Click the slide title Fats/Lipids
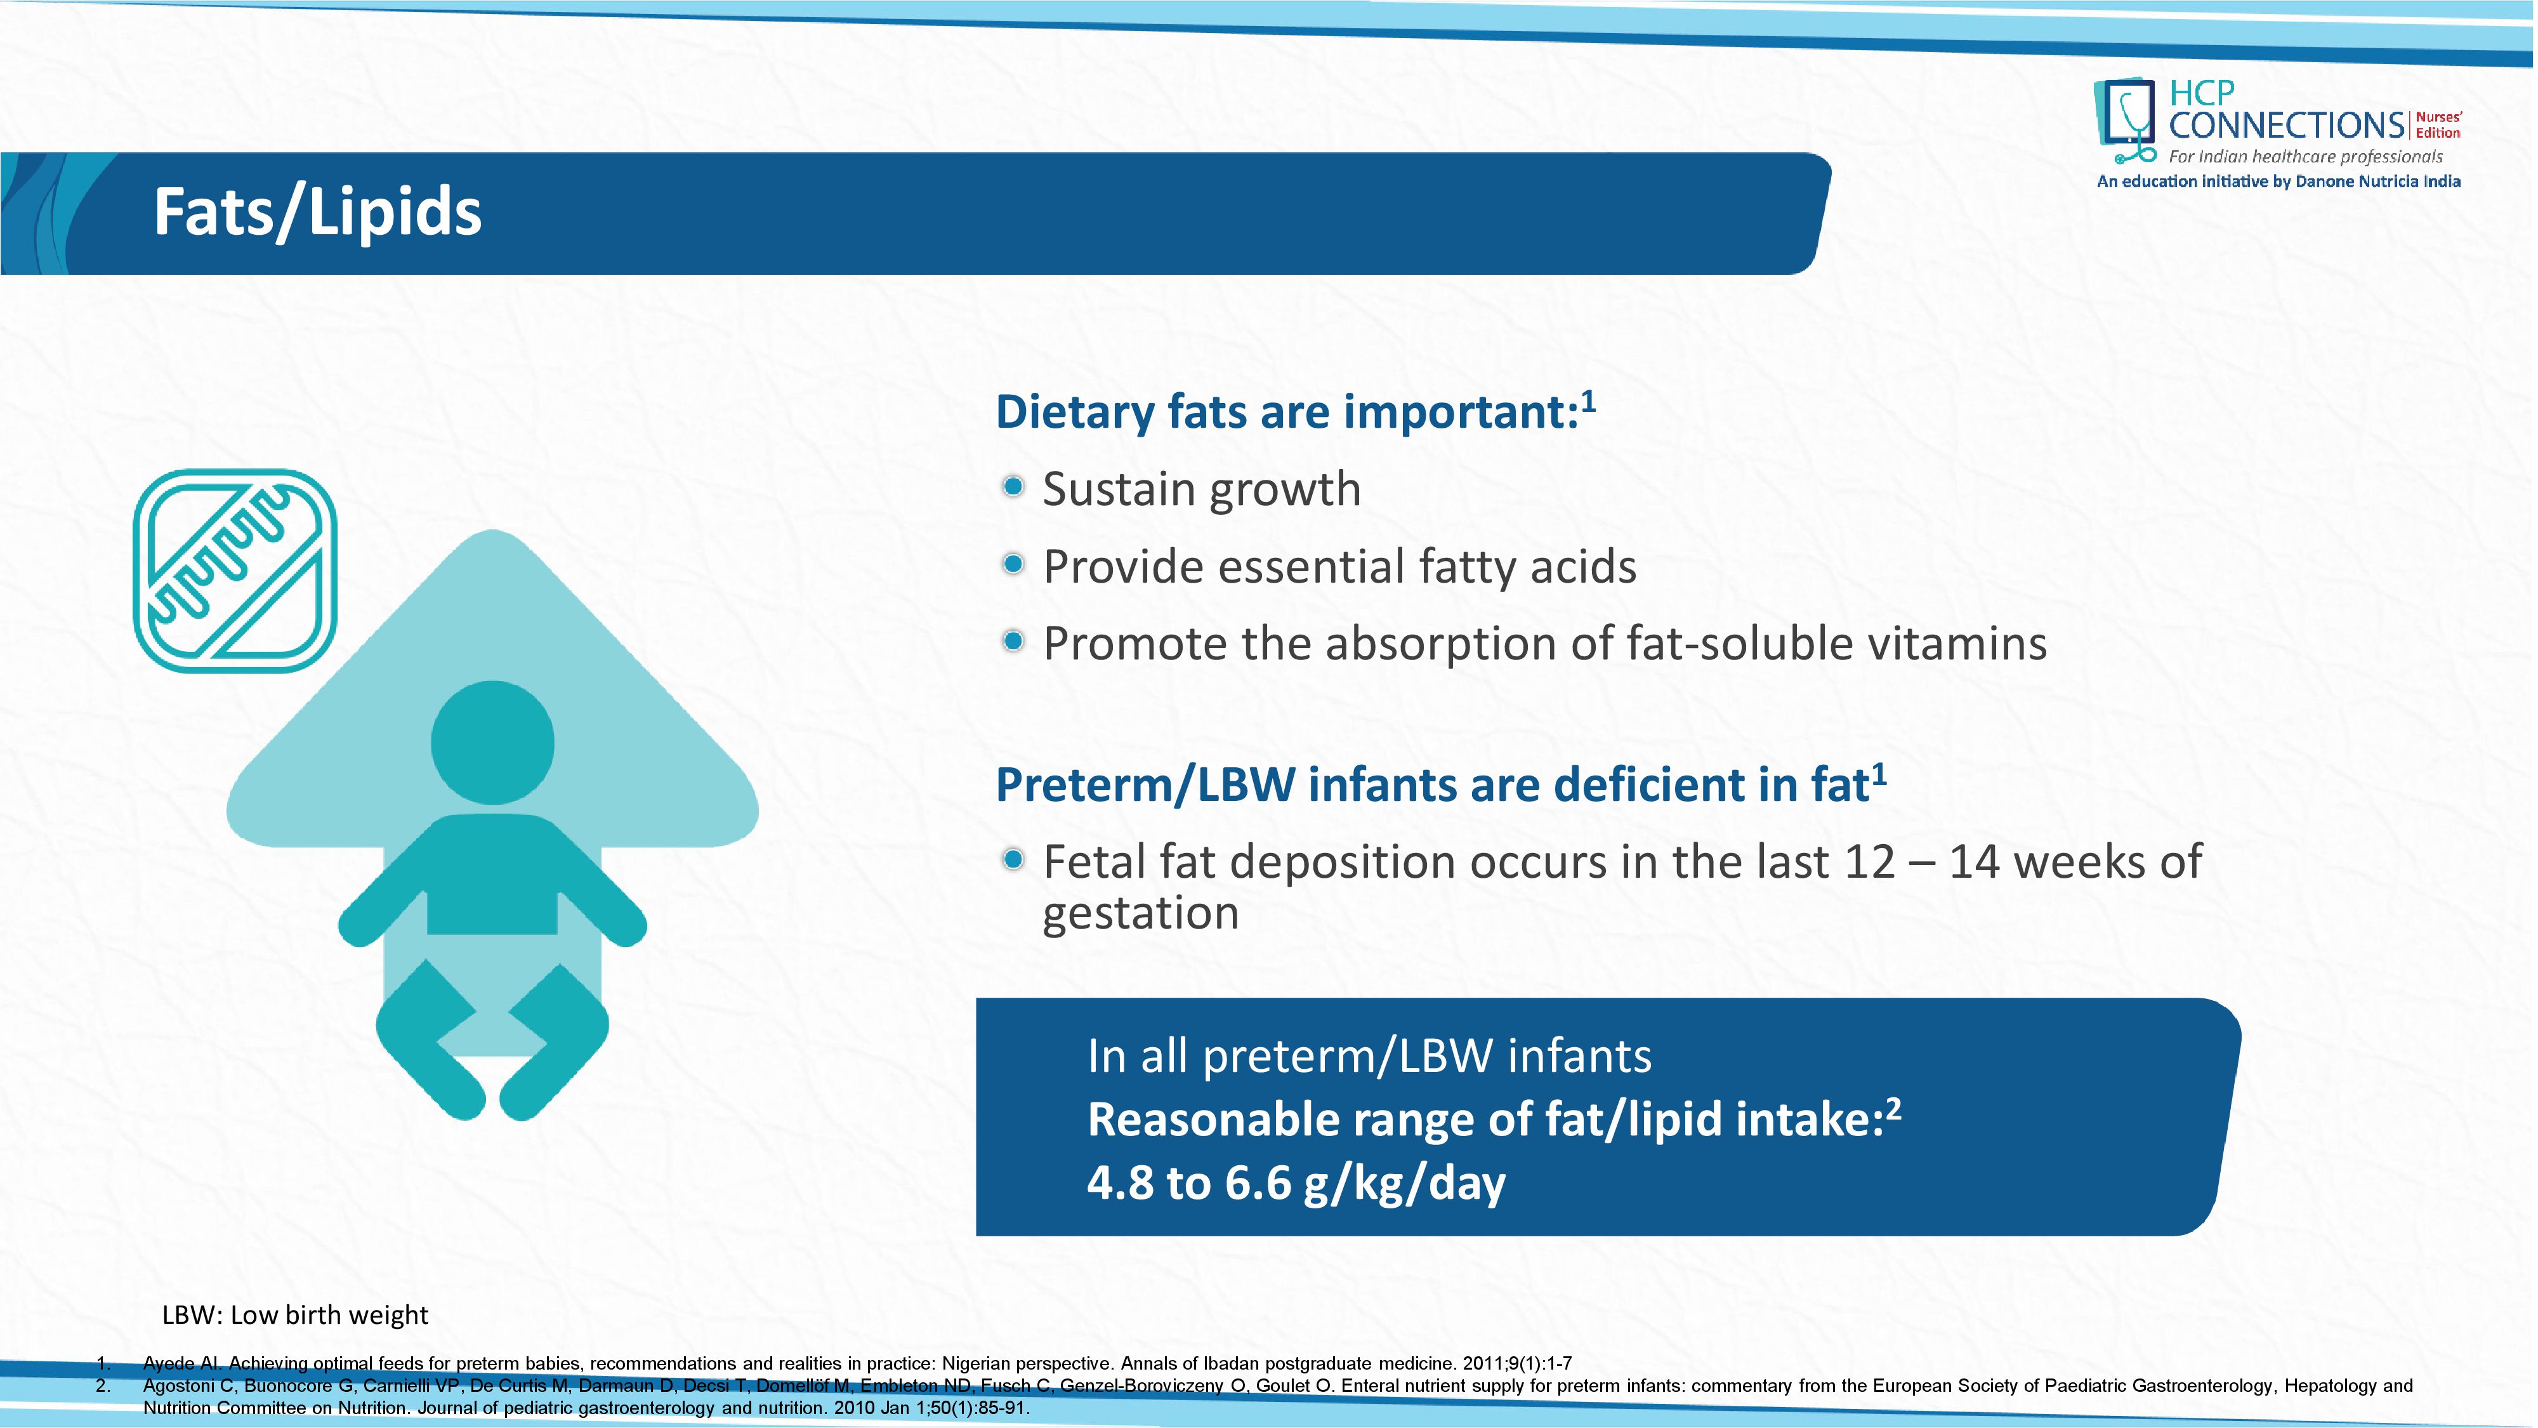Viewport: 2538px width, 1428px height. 317,213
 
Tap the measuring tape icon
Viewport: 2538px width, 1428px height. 235,571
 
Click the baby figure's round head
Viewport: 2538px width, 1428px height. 492,742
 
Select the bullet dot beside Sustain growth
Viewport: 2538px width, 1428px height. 1013,487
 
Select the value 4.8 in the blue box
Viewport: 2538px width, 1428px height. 1121,1182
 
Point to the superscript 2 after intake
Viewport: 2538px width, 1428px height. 1893,1109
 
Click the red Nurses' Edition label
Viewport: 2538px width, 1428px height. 2438,125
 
